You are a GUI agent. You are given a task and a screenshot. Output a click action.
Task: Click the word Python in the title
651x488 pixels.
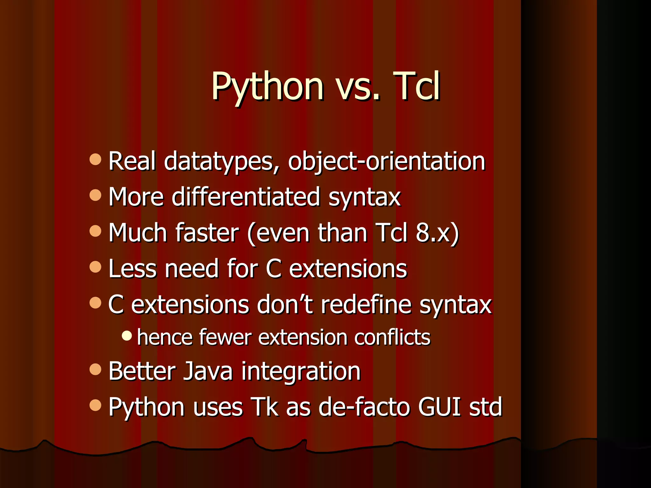click(x=267, y=86)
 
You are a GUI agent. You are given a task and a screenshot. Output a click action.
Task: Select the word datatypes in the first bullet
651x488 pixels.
click(x=222, y=161)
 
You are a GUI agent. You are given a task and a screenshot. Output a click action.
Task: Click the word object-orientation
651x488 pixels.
click(x=387, y=161)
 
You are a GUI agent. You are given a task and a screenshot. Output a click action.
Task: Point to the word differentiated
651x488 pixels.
click(x=246, y=197)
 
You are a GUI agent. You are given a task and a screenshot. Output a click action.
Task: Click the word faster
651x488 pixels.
click(x=207, y=233)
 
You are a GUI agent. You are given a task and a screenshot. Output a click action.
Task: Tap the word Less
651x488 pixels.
click(x=133, y=269)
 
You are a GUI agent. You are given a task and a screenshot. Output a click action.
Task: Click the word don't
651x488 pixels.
click(x=285, y=305)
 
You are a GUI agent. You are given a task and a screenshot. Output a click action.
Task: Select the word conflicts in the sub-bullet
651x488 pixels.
click(x=392, y=337)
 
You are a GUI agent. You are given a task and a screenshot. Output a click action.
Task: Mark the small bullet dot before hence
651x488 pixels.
click(x=127, y=335)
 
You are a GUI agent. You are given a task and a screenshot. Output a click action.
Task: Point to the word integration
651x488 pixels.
click(x=301, y=371)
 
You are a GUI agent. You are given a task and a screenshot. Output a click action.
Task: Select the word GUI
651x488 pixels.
click(x=439, y=407)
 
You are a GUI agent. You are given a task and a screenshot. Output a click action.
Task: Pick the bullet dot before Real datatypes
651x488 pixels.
click(x=95, y=159)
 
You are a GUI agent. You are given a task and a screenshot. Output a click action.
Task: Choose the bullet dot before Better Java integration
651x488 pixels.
click(x=95, y=369)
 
